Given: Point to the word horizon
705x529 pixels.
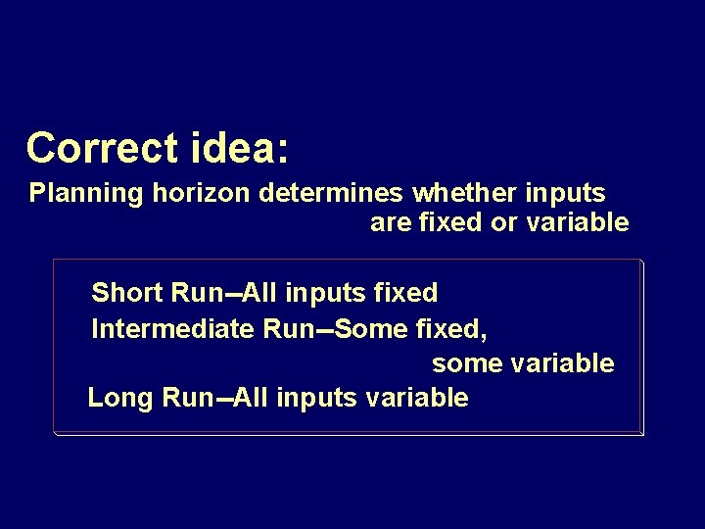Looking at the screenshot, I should pos(202,192).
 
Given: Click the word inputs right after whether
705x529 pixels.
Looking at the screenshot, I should pos(568,193).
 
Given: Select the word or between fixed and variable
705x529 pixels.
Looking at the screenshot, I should pos(503,222).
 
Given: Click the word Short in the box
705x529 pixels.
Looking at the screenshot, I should pos(126,292).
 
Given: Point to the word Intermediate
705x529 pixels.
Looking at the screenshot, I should pos(172,328).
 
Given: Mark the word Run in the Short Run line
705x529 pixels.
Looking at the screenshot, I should pos(190,292).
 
